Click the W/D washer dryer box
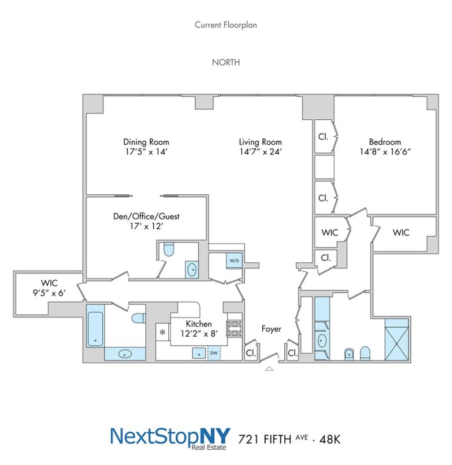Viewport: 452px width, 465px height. (x=234, y=260)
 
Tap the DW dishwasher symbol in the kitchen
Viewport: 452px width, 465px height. (x=214, y=353)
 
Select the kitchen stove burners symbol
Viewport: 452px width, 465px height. (x=234, y=329)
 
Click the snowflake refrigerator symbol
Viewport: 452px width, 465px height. (x=163, y=332)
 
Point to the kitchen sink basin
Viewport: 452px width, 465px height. (x=199, y=353)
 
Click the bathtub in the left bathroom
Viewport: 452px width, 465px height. (x=95, y=329)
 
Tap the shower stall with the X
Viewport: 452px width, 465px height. (x=397, y=340)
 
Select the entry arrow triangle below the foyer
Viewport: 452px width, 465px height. (x=269, y=369)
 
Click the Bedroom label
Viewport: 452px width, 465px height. (x=385, y=142)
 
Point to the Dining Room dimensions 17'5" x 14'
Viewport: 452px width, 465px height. (x=146, y=152)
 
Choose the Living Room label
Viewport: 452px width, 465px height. (x=260, y=142)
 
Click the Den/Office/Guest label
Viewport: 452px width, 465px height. (x=146, y=216)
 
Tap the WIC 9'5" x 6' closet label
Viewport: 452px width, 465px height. (x=49, y=288)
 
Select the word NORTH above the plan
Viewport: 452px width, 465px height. (x=225, y=62)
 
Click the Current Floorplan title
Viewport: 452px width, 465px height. (x=225, y=25)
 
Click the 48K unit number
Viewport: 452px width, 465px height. (x=330, y=439)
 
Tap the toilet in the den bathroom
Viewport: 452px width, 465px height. (x=168, y=249)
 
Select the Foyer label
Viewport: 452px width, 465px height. (x=271, y=329)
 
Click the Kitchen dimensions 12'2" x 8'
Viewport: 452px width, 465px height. (x=199, y=333)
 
